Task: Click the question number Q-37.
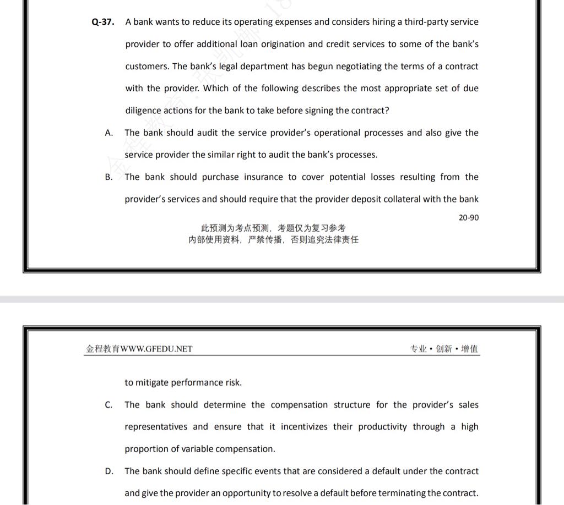(103, 23)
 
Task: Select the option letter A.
(109, 133)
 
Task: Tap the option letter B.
(109, 177)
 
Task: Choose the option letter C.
(109, 405)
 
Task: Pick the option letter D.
(109, 471)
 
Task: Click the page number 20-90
(468, 218)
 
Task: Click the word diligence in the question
(143, 111)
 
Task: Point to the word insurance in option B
(263, 177)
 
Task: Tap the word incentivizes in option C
(305, 427)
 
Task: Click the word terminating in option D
(402, 493)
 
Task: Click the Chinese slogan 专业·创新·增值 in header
(444, 349)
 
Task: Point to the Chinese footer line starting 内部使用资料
(273, 240)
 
